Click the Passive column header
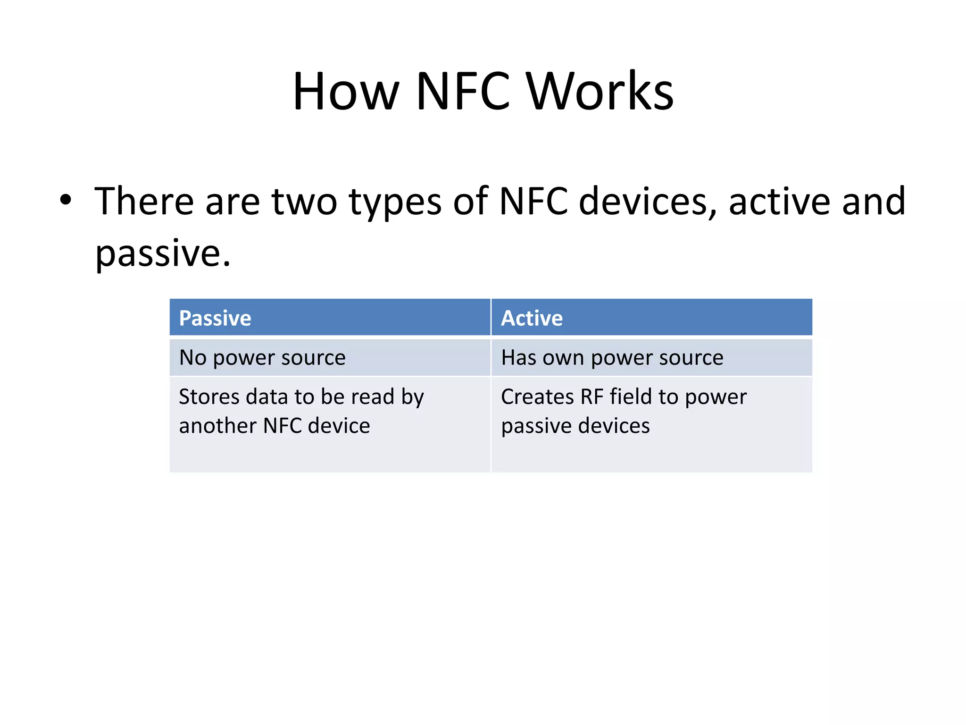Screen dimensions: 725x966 (215, 318)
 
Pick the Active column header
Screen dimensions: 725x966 (532, 318)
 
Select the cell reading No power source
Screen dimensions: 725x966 (262, 358)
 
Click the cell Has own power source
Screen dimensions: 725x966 (612, 358)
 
